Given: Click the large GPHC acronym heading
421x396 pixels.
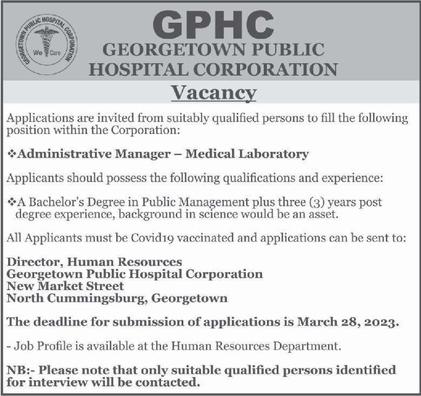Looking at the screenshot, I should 213,24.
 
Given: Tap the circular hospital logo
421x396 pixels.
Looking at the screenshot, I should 46,44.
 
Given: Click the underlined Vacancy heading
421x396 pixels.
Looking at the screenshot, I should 213,93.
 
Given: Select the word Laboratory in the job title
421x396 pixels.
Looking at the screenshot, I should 275,154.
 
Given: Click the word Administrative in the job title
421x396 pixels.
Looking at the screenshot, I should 64,154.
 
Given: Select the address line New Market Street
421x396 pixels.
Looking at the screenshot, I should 65,286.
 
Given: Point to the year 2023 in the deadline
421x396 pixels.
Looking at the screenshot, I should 380,322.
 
